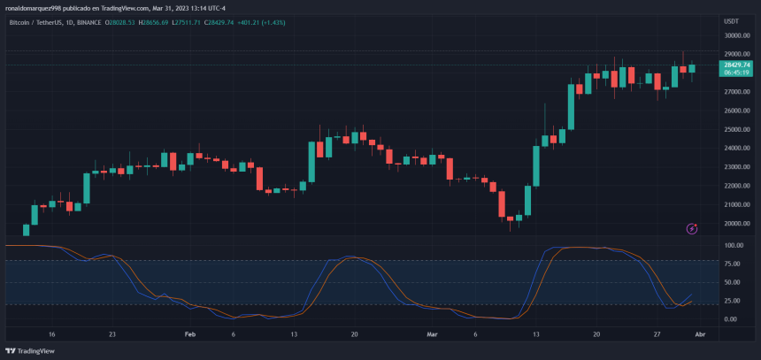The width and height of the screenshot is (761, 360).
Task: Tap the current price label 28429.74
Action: click(x=736, y=65)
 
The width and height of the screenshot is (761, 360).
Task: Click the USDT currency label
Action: click(x=731, y=20)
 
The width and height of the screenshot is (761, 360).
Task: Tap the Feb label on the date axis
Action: click(x=189, y=335)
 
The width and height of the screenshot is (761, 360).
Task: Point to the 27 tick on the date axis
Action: click(x=657, y=335)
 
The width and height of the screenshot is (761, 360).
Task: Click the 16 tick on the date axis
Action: click(x=52, y=335)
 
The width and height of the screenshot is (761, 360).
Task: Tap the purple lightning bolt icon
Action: click(x=692, y=229)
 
